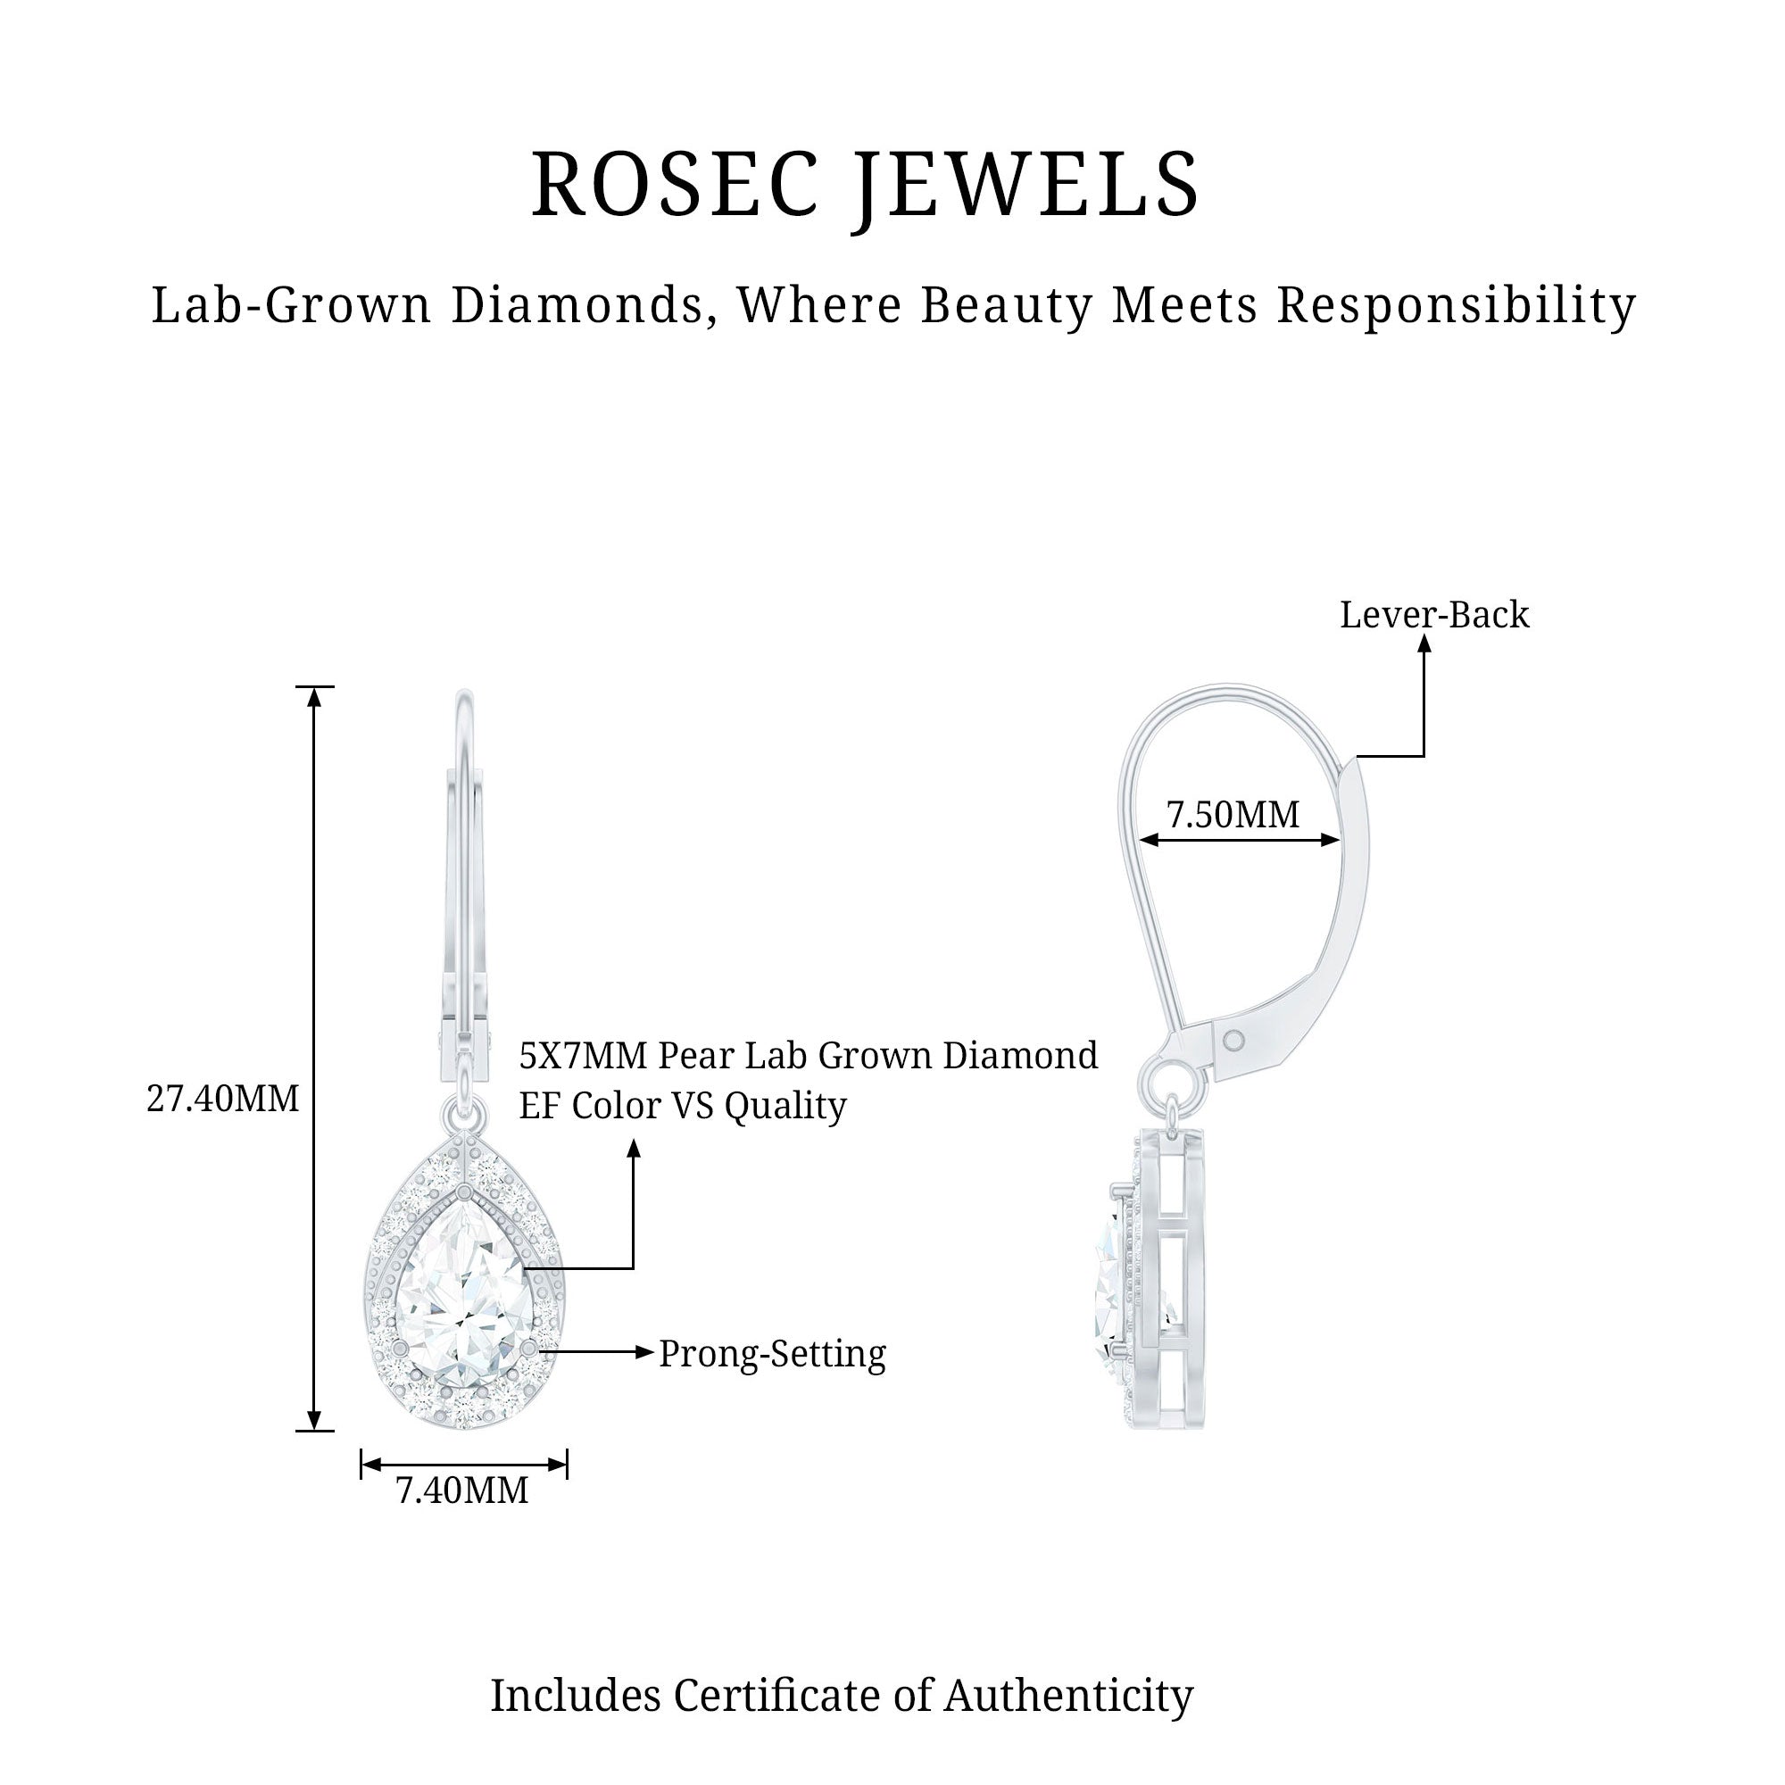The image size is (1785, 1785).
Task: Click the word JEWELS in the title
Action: [x=1025, y=185]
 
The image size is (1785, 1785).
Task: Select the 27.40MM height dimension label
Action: [x=222, y=1100]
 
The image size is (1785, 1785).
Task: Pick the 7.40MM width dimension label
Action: [x=462, y=1490]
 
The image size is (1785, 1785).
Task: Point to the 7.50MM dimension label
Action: [x=1233, y=814]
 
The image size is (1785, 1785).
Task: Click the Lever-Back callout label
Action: [x=1434, y=615]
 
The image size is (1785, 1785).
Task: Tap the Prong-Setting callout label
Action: [x=772, y=1354]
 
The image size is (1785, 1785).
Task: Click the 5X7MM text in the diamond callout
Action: [x=583, y=1055]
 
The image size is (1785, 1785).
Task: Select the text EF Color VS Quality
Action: [x=682, y=1105]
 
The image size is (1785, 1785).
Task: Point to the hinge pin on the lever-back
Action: [x=1233, y=1042]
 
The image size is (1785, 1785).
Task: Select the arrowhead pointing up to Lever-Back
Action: [x=1424, y=646]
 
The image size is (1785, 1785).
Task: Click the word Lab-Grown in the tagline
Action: [x=291, y=305]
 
